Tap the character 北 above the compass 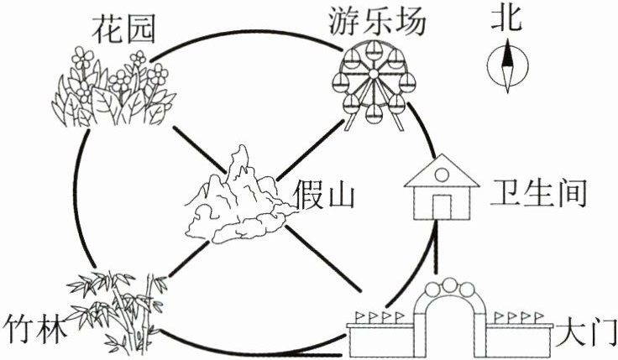coord(507,19)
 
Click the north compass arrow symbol coord(507,67)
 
